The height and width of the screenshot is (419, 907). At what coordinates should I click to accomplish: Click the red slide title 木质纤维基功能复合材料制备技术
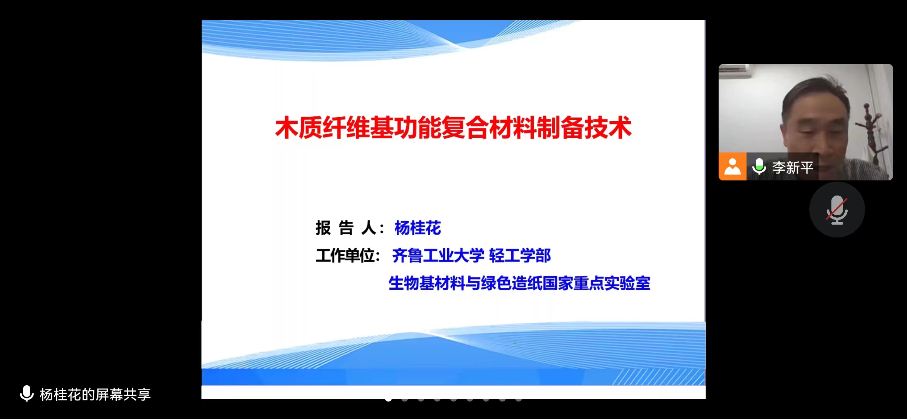point(453,128)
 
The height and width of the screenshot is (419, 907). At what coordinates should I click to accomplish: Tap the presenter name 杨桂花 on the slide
point(418,228)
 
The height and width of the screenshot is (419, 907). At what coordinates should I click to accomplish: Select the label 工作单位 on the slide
point(348,256)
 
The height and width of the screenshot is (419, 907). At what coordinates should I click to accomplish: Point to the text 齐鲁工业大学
point(438,256)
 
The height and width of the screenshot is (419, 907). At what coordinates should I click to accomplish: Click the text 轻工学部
point(520,256)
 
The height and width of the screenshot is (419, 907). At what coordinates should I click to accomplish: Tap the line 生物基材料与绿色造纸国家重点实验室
point(519,283)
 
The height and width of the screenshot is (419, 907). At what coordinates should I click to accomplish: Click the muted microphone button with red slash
point(837,209)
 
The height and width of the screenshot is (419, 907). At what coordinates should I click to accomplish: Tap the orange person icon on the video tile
point(732,166)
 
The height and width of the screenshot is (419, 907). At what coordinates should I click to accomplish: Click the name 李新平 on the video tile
point(793,167)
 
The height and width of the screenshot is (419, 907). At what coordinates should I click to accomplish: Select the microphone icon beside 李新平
point(759,167)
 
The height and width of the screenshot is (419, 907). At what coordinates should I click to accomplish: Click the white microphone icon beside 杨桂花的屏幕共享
point(27,393)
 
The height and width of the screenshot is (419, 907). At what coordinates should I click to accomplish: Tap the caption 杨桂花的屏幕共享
point(95,394)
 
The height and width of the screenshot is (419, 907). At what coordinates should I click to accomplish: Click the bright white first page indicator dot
point(388,399)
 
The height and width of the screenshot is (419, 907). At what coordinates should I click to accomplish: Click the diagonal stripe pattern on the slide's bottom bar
point(659,377)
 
